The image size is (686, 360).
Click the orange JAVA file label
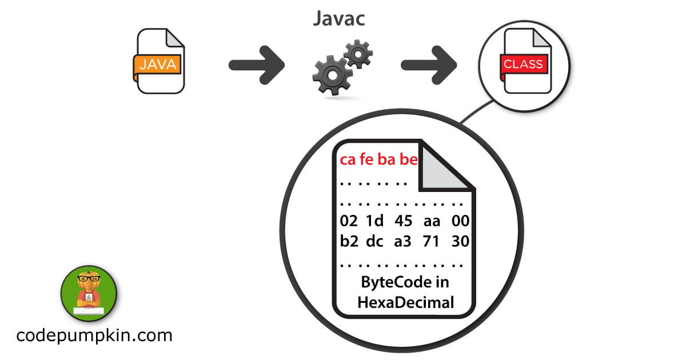point(158,64)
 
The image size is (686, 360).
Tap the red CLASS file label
point(523,64)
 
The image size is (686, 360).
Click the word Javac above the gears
point(339,18)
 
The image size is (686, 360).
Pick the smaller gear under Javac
point(358,55)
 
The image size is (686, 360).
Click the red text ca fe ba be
point(378,159)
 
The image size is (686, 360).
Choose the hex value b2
point(349,241)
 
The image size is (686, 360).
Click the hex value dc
point(374,241)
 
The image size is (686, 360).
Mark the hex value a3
point(403,241)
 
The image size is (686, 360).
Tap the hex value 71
point(431,241)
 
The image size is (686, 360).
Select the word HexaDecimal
point(405,302)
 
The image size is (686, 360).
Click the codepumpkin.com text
point(94,335)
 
